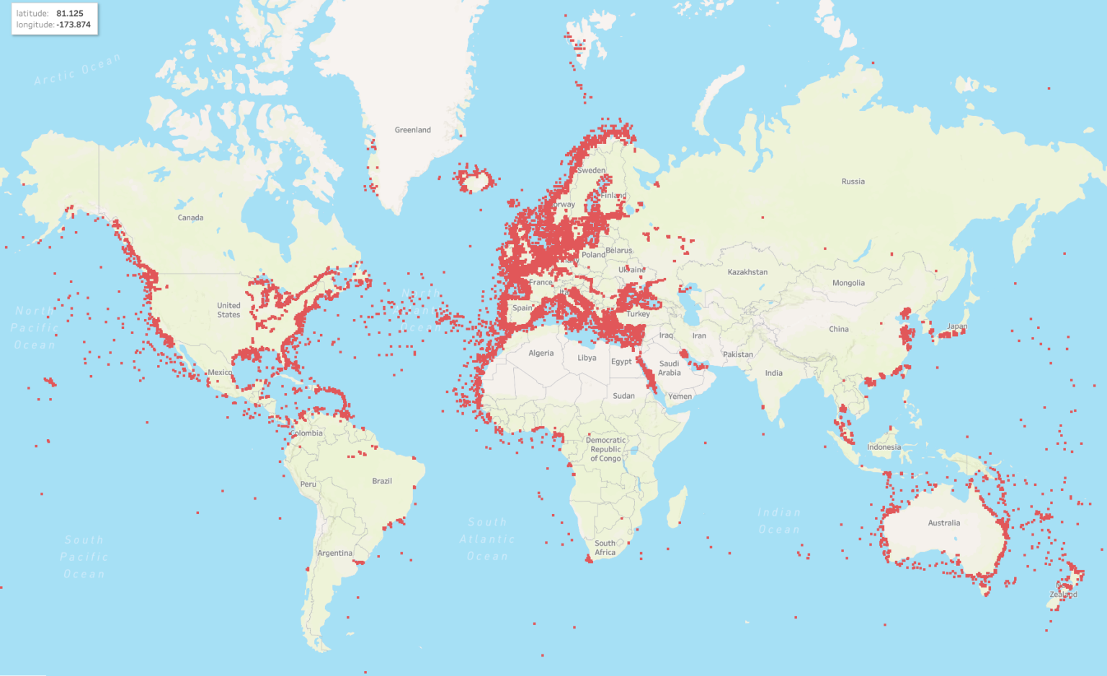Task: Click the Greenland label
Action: [x=412, y=130]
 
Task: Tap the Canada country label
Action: [x=190, y=217]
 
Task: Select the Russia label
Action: [x=853, y=181]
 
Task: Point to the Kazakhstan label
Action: [x=747, y=272]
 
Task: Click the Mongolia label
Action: [x=848, y=283]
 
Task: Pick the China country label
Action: [x=838, y=329]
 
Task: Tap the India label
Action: [x=773, y=373]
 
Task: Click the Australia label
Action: [x=943, y=523]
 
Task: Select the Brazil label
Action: [x=382, y=481]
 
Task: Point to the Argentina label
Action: [x=335, y=553]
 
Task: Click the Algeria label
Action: [x=541, y=353]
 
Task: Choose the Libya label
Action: [x=587, y=358]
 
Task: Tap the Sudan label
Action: [x=623, y=396]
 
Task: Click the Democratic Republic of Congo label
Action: [x=605, y=449]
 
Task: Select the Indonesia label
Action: [x=884, y=447]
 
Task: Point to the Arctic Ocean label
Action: [x=77, y=70]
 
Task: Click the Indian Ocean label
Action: [x=778, y=521]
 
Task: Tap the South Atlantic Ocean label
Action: [x=487, y=539]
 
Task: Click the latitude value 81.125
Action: [x=70, y=14]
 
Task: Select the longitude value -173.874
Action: [x=74, y=24]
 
